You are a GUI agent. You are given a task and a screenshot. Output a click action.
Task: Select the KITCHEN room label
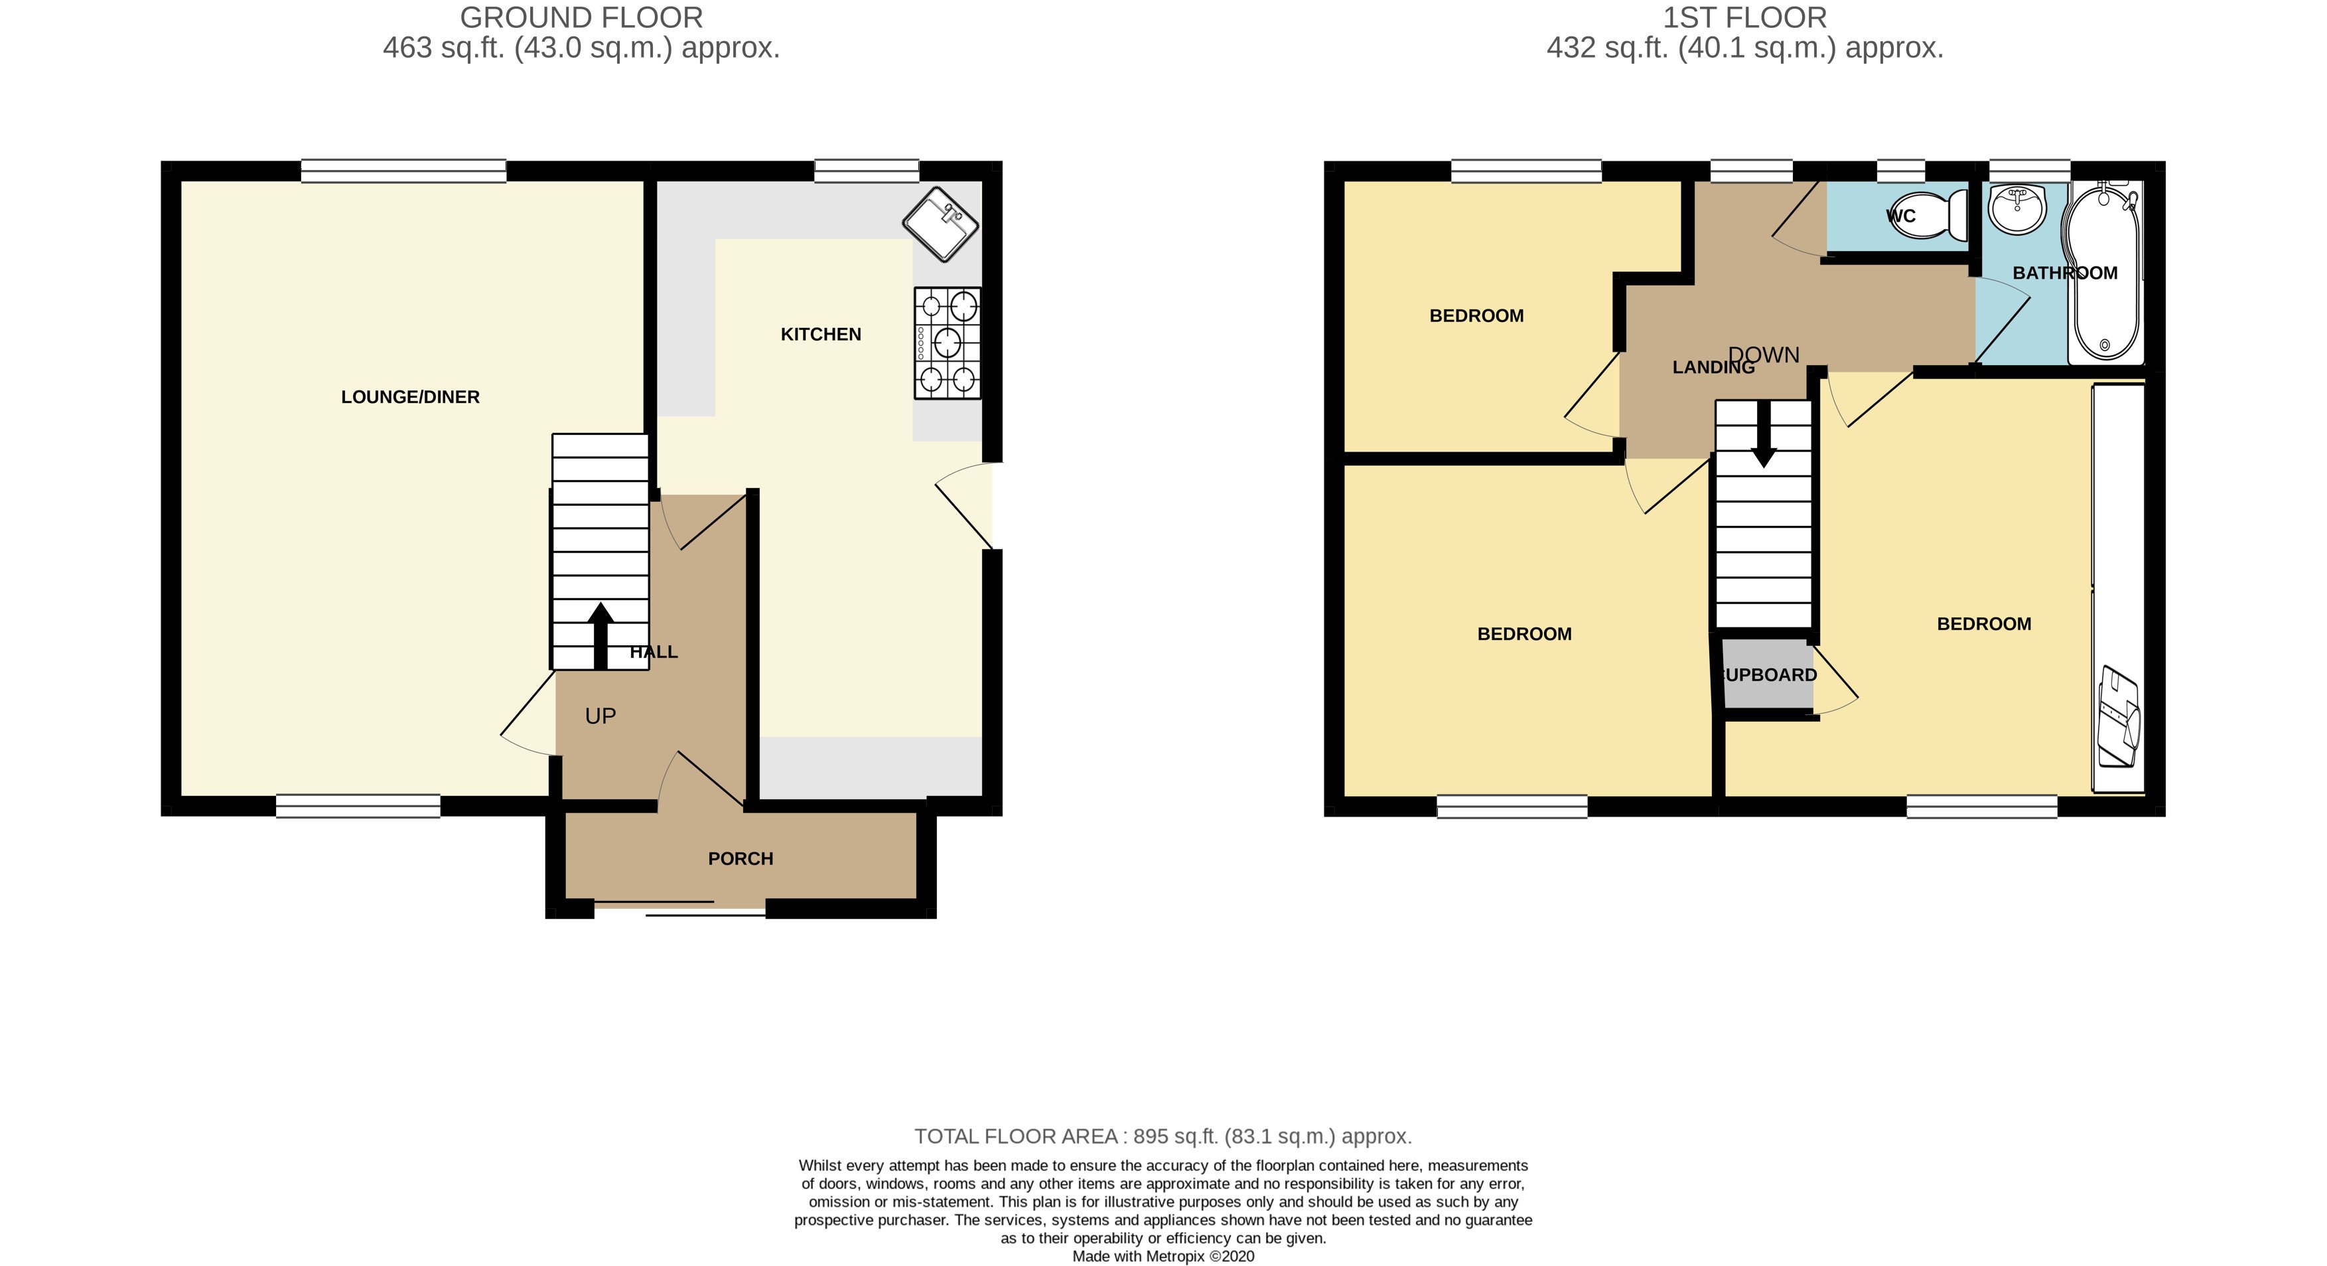820,335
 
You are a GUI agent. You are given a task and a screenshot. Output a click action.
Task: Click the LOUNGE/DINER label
410,397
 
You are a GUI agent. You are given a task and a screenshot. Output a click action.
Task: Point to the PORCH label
740,858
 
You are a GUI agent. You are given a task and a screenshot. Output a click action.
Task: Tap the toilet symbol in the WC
1933,215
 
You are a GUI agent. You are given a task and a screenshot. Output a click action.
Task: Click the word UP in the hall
600,716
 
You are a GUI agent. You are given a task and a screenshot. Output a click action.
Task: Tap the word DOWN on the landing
1764,355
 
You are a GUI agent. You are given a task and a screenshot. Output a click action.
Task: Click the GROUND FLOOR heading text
581,18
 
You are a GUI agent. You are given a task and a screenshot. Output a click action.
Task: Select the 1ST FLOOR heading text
1744,18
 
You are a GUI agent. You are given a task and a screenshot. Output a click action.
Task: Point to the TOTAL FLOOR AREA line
1163,1136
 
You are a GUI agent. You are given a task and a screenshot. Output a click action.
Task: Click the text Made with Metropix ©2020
1163,1256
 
